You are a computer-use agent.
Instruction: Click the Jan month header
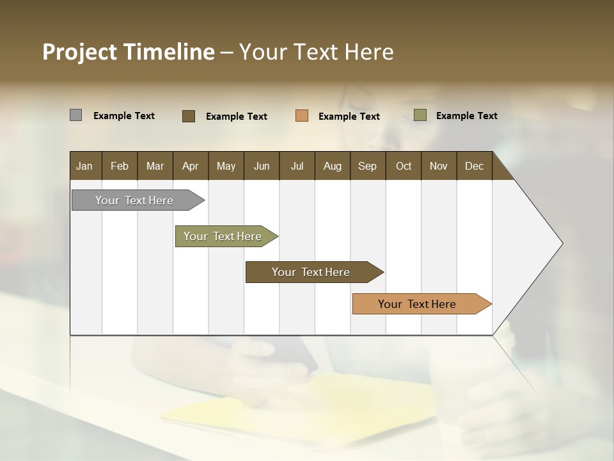pyautogui.click(x=84, y=166)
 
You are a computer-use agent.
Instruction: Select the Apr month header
pyautogui.click(x=190, y=166)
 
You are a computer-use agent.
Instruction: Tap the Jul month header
pyautogui.click(x=297, y=166)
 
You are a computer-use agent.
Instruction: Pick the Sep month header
pyautogui.click(x=367, y=166)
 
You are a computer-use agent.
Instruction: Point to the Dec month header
pyautogui.click(x=474, y=166)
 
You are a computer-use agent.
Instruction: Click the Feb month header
pyautogui.click(x=120, y=166)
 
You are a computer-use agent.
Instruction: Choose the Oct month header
pyautogui.click(x=404, y=166)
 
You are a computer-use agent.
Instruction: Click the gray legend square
pyautogui.click(x=75, y=115)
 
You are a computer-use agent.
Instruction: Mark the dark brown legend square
pyautogui.click(x=189, y=116)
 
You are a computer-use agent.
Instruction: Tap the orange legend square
pyautogui.click(x=302, y=116)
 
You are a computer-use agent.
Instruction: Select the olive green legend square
pyautogui.click(x=420, y=115)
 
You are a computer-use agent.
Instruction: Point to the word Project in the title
pyautogui.click(x=79, y=52)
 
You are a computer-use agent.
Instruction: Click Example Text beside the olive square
pyautogui.click(x=466, y=116)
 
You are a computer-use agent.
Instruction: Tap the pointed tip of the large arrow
pyautogui.click(x=562, y=243)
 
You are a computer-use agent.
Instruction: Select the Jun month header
pyautogui.click(x=262, y=166)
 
